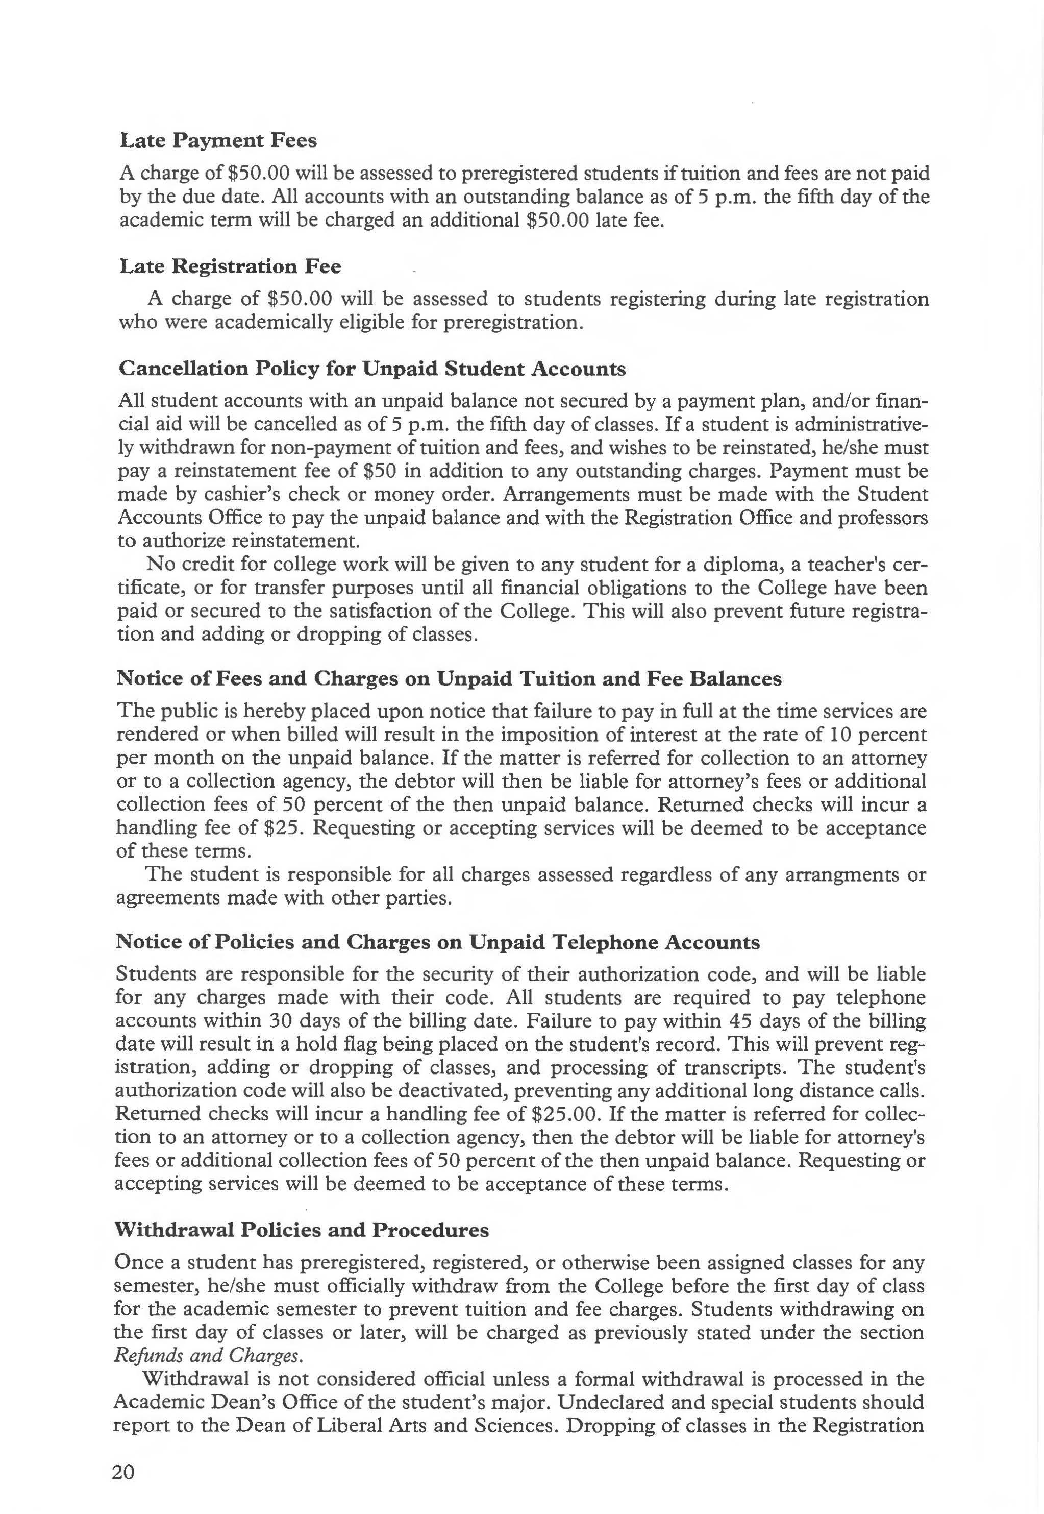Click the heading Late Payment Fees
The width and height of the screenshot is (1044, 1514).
[x=218, y=141]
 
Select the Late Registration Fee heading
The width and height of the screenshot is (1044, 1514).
[x=230, y=266]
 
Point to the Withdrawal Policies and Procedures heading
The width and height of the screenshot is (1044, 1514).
[x=301, y=1230]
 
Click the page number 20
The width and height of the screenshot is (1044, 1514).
[x=123, y=1472]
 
